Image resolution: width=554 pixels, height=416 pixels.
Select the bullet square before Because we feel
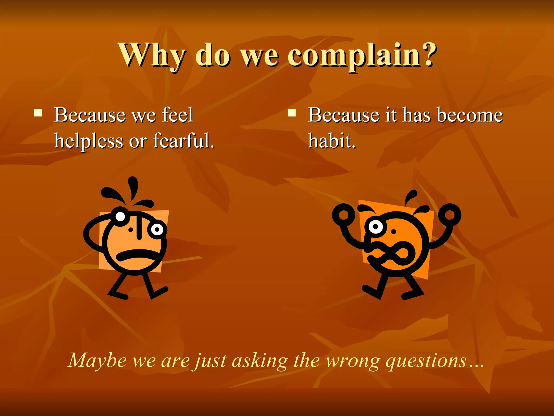tap(38, 112)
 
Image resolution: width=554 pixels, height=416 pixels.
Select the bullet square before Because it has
tap(292, 112)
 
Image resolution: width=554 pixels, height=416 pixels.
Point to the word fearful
tap(183, 141)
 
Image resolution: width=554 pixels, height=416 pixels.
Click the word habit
tap(332, 141)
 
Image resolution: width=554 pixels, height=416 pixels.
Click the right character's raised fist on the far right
tap(450, 215)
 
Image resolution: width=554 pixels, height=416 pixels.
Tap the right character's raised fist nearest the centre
tap(344, 215)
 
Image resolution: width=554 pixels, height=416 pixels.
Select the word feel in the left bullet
tap(177, 115)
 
